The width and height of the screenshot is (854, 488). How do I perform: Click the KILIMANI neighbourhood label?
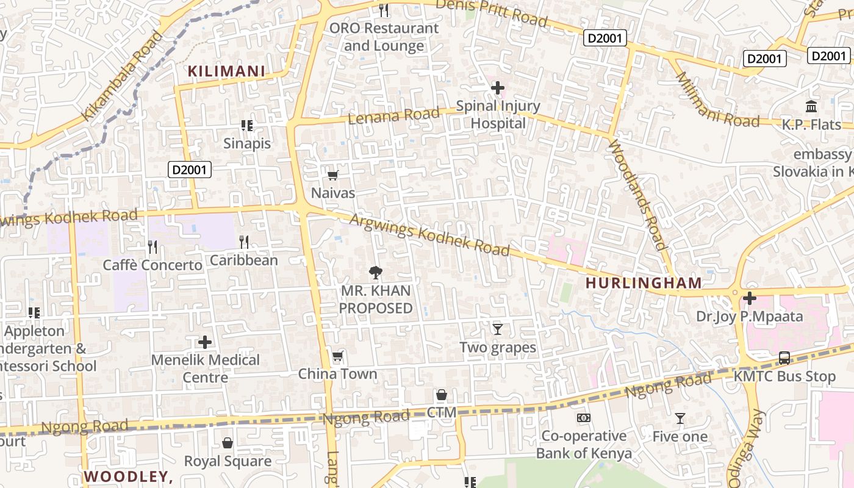226,71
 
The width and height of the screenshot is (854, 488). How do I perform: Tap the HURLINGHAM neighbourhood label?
644,283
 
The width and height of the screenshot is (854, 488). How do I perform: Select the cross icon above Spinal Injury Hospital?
498,88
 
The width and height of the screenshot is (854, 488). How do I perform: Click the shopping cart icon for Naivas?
333,176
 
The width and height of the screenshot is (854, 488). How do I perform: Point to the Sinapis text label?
246,144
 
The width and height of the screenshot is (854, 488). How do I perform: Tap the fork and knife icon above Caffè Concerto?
152,247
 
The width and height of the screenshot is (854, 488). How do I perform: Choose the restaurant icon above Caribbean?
244,242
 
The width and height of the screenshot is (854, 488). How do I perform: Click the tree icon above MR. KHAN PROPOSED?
376,273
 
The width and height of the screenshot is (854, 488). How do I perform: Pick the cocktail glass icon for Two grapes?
498,329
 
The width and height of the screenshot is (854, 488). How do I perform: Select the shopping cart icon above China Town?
337,356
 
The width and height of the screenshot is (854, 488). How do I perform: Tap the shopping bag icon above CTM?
442,395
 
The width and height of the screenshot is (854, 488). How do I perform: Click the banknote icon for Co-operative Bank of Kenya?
584,418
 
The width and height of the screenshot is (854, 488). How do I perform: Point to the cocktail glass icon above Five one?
680,418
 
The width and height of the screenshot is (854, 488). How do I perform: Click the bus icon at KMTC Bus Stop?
784,358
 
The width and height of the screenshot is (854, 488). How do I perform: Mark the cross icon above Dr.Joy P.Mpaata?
750,298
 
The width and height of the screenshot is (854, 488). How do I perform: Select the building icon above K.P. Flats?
811,107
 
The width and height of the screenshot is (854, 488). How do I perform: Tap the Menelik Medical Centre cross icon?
206,342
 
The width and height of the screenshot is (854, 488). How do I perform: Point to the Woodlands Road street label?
637,195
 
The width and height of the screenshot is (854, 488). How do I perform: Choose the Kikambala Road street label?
123,77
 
